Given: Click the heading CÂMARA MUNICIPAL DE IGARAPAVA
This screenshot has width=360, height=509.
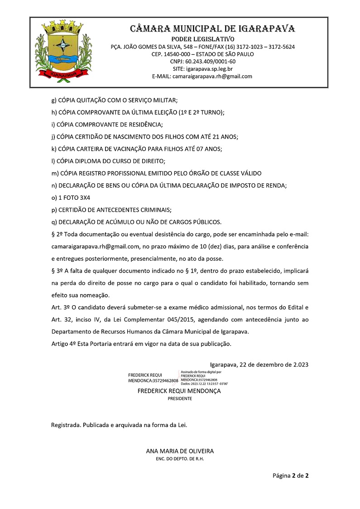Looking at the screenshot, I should [x=213, y=29].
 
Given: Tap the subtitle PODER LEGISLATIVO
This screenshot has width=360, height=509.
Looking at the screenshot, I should [x=202, y=39].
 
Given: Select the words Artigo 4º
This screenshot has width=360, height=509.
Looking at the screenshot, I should [x=62, y=344].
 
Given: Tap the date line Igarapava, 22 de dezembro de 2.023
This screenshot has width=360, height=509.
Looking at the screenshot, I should [x=259, y=365].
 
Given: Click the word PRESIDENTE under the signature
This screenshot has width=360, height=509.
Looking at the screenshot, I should [x=180, y=399].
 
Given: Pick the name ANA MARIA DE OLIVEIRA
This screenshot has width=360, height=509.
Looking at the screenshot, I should [x=180, y=451].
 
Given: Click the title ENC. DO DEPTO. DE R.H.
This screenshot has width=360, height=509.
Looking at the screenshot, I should [x=180, y=459].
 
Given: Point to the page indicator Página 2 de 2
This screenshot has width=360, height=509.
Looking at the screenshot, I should [x=290, y=475].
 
